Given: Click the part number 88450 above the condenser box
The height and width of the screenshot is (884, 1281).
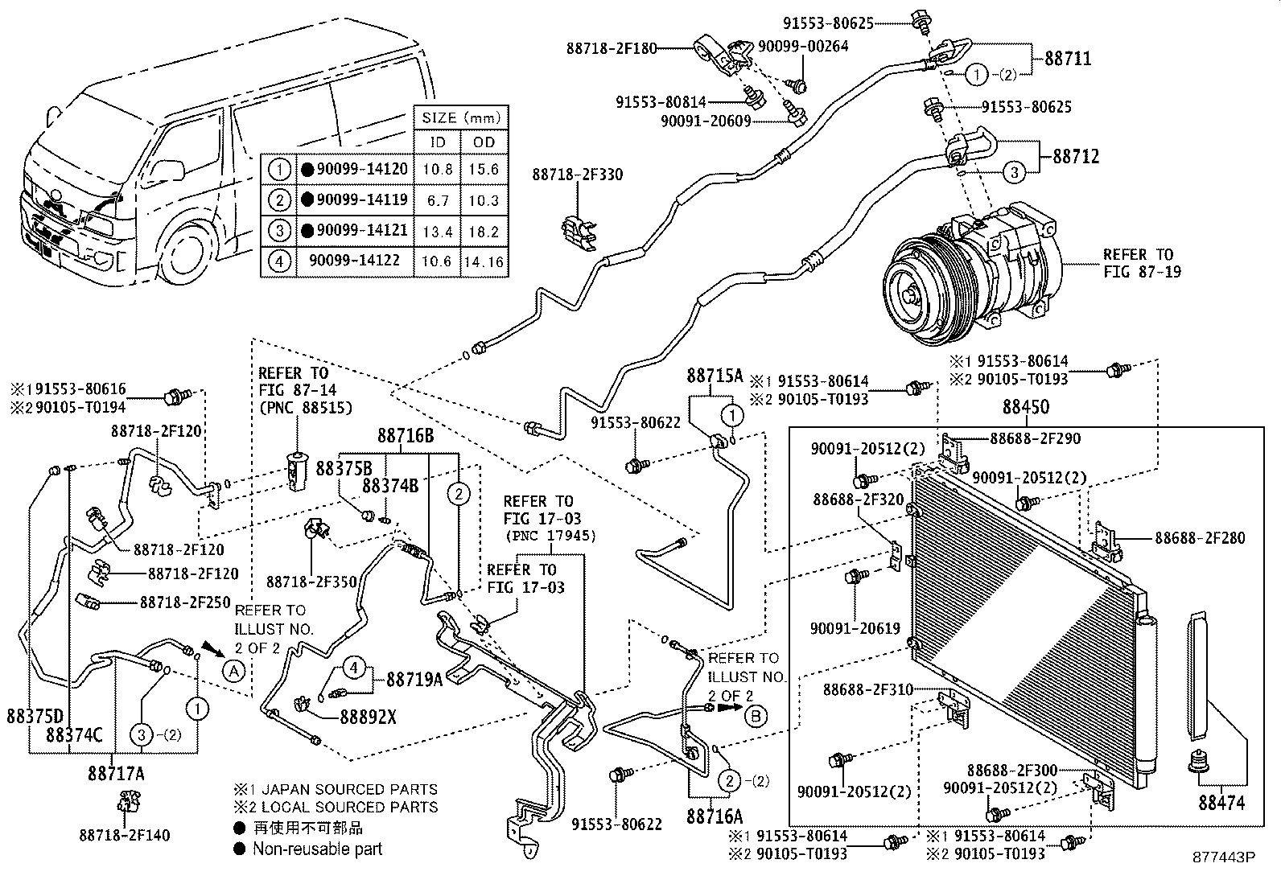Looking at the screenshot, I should click(1025, 408).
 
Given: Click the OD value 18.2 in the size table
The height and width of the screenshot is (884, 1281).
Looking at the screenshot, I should click(484, 231).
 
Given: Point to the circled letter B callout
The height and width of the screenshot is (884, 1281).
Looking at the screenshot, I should click(756, 715).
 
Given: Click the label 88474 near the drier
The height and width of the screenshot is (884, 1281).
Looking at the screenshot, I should click(1221, 802).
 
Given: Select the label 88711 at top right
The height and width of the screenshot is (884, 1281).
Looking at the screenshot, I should click(1068, 59).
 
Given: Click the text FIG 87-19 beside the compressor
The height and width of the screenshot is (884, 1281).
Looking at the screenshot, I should click(1142, 272).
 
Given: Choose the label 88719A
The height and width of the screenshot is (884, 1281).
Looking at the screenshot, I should click(414, 680).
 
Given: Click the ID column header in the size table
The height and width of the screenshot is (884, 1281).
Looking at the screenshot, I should click(437, 142).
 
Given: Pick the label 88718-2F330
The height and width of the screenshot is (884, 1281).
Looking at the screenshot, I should click(577, 175).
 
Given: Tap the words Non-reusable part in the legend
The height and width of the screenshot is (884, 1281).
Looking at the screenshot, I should click(317, 849).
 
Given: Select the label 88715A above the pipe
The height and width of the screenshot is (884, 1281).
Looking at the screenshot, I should click(715, 375).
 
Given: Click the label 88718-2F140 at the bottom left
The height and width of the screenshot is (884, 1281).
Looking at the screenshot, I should click(125, 836).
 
